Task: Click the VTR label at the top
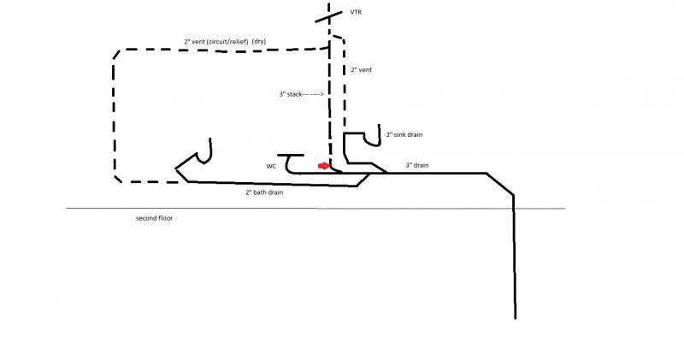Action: coord(356,12)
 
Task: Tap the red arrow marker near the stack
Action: coord(323,166)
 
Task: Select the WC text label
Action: coord(271,166)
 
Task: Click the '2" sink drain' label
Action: coord(404,135)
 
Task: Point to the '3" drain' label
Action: coord(417,165)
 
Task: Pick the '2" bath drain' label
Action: coord(264,192)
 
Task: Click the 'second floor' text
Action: coord(154,218)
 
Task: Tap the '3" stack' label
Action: coord(291,94)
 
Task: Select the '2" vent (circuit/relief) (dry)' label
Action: coord(225,41)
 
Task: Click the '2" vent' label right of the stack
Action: coord(361,70)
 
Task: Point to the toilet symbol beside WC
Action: coord(291,162)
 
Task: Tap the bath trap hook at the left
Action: coord(204,152)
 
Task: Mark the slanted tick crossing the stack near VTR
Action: coord(329,15)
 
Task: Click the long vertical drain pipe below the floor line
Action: coord(515,257)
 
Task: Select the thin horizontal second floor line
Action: coord(315,209)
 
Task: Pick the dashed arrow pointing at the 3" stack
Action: coord(313,94)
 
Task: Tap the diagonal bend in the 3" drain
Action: coord(500,184)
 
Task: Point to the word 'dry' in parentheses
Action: coord(259,41)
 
